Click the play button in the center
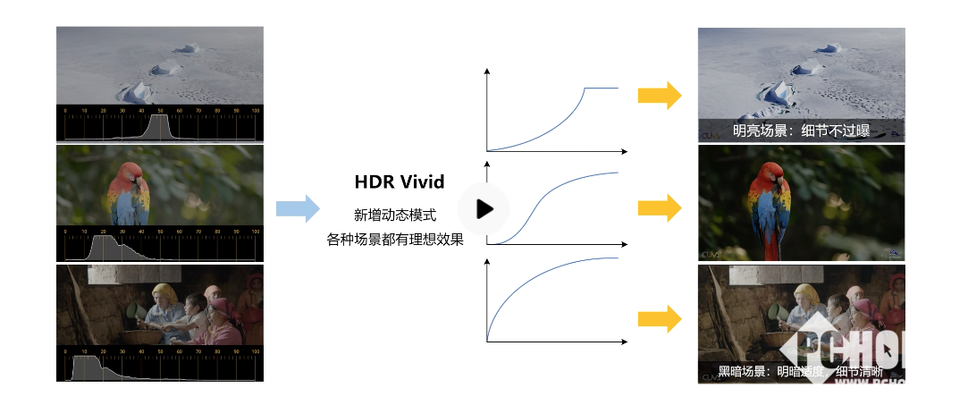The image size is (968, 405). pyautogui.click(x=484, y=209)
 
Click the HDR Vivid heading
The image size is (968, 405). pyautogui.click(x=399, y=182)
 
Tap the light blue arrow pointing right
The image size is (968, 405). pyautogui.click(x=297, y=208)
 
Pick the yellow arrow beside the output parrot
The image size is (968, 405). pyautogui.click(x=660, y=208)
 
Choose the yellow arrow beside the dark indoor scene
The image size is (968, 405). pyautogui.click(x=660, y=318)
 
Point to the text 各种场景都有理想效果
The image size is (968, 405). pyautogui.click(x=395, y=239)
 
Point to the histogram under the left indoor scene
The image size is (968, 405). pyautogui.click(x=159, y=365)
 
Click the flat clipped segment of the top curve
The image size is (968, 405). pyautogui.click(x=601, y=88)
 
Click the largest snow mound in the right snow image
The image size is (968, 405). pyautogui.click(x=778, y=90)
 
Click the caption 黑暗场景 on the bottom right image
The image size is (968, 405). pyautogui.click(x=742, y=371)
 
